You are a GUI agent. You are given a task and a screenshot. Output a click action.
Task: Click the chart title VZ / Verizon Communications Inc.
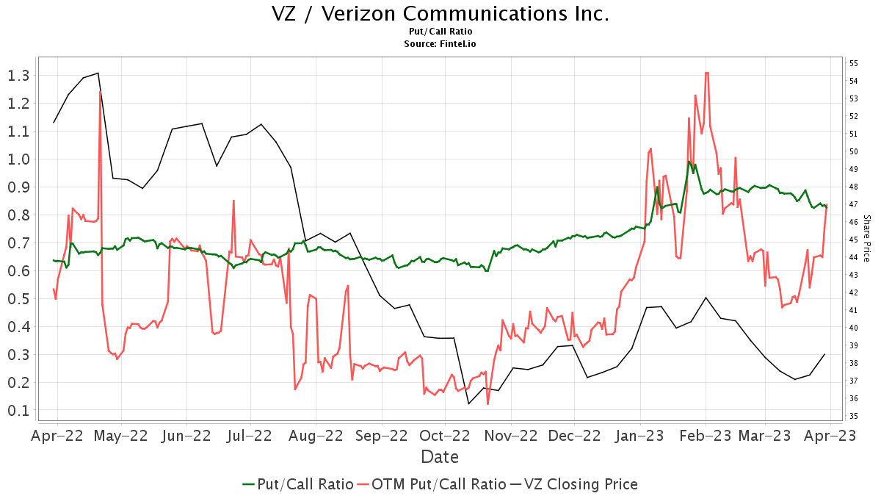[x=440, y=14]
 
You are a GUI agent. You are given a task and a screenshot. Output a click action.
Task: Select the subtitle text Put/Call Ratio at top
[x=440, y=32]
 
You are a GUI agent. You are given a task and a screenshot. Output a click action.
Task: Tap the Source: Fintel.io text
[x=440, y=43]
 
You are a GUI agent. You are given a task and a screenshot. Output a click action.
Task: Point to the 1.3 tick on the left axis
[x=18, y=76]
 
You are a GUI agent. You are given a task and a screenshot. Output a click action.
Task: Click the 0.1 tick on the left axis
[x=18, y=411]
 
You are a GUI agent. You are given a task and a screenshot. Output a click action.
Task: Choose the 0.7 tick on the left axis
[x=18, y=243]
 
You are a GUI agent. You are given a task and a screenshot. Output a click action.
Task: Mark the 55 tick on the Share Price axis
[x=854, y=64]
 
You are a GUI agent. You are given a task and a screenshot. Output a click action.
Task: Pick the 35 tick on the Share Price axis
[x=854, y=416]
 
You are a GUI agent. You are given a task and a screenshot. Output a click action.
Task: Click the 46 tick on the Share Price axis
[x=854, y=222]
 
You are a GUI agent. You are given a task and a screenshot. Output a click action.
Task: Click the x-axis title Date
[x=440, y=457]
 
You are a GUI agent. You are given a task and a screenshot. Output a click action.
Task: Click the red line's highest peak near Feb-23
[x=706, y=73]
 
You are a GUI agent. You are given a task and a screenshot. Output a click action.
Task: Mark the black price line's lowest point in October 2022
[x=468, y=403]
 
